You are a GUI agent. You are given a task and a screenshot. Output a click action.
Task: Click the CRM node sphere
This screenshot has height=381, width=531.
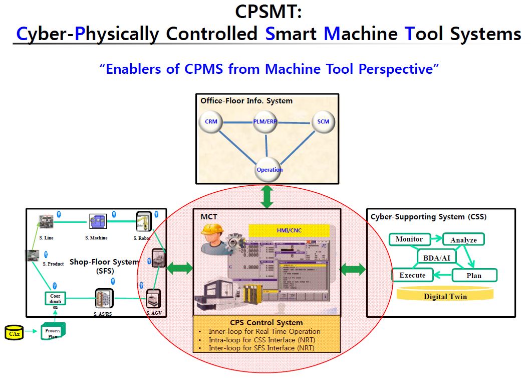(x=211, y=122)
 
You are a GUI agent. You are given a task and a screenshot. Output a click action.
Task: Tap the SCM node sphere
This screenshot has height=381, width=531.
(x=323, y=122)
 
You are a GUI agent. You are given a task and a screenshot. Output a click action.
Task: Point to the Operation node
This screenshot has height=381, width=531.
(x=269, y=169)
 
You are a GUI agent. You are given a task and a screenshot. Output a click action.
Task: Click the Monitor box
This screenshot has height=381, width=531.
(x=409, y=239)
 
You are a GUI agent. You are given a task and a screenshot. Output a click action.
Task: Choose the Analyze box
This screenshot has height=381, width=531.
(x=463, y=240)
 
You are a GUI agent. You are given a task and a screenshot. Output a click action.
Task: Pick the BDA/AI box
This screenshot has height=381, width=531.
(x=436, y=257)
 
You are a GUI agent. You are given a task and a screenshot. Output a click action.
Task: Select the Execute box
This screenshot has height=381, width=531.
(x=412, y=275)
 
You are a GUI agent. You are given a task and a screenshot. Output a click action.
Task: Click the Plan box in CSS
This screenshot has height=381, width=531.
(x=474, y=275)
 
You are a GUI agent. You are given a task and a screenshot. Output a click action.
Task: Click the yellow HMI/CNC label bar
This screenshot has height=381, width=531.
(x=289, y=230)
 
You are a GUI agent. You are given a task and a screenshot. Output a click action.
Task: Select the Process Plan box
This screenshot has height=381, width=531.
(x=53, y=332)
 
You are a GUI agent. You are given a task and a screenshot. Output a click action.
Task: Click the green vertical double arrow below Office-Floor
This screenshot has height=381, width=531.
(x=267, y=196)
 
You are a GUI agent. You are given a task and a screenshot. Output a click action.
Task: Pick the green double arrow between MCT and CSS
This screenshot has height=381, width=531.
(x=353, y=269)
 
